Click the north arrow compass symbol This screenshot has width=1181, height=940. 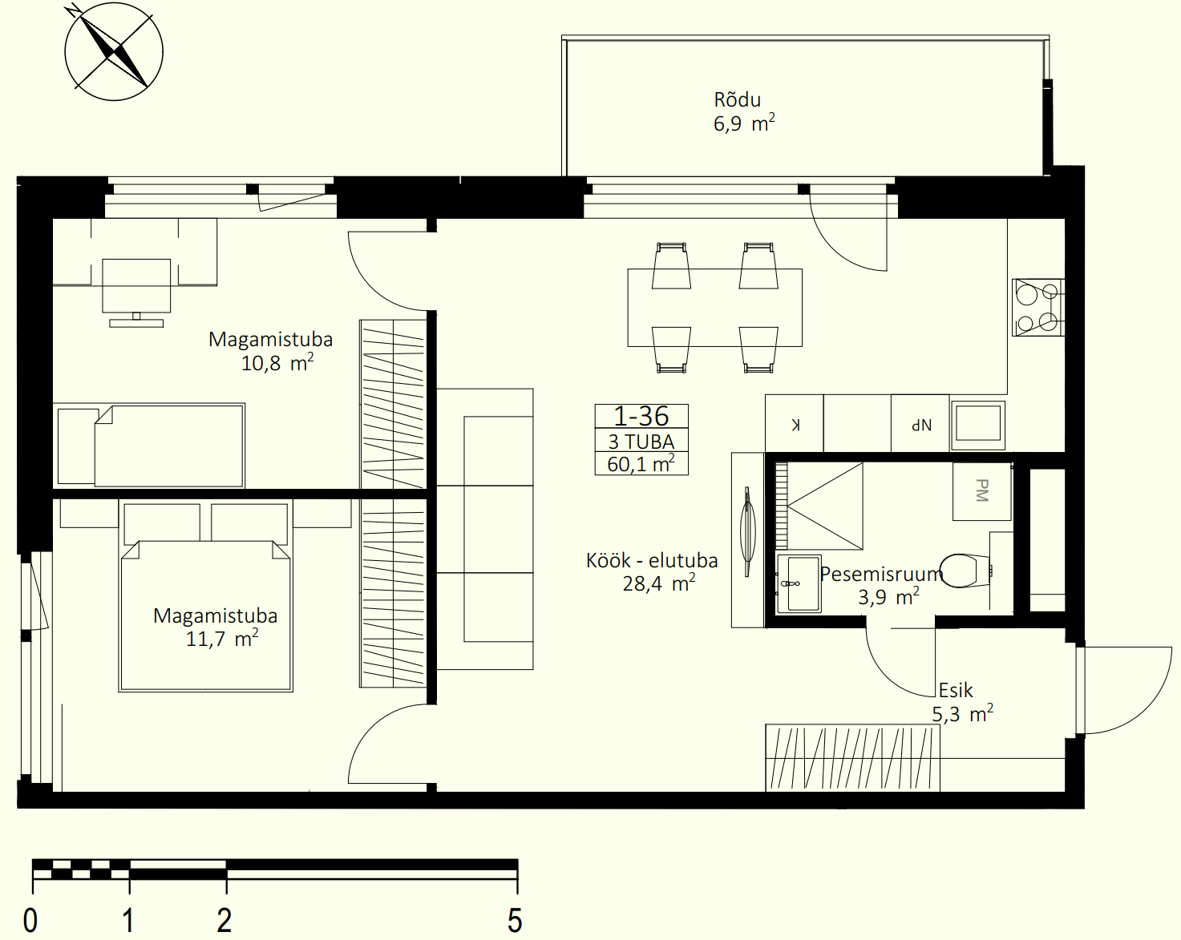[x=114, y=51]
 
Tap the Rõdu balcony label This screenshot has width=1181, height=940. [x=737, y=100]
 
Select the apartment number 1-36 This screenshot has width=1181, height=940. [x=641, y=416]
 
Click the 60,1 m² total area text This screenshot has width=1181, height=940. [x=641, y=464]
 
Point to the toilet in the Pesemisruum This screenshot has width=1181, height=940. [x=965, y=570]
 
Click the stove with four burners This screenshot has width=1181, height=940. [x=1038, y=307]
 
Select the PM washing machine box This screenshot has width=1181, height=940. [x=982, y=491]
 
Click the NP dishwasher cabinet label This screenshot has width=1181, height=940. [x=921, y=425]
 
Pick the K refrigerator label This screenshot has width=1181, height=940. [x=795, y=425]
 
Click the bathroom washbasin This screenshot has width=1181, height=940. [x=799, y=583]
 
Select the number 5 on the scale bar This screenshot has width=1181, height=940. [x=514, y=920]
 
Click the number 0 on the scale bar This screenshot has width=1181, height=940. [x=30, y=920]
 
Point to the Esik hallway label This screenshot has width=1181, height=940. [x=956, y=690]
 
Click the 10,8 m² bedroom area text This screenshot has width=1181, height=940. [x=277, y=363]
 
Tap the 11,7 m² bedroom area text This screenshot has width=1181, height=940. [x=222, y=639]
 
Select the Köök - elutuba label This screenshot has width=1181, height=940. [x=651, y=560]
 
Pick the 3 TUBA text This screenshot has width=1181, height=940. [x=641, y=442]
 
